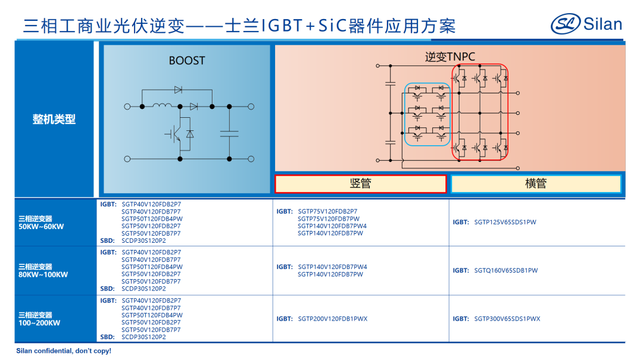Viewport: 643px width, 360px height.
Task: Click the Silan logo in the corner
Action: tap(586, 24)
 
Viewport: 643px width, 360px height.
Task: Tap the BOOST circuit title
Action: tap(186, 61)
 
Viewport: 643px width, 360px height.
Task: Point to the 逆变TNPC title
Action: tap(450, 57)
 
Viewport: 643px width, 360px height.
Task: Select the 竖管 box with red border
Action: tap(360, 184)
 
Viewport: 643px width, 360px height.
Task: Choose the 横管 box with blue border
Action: tap(536, 184)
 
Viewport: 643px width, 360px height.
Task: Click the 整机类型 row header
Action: tap(54, 119)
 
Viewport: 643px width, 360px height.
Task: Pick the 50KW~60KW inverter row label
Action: tap(41, 223)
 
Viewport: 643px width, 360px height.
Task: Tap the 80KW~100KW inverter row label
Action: tap(43, 271)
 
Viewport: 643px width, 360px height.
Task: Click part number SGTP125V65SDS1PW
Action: tap(505, 223)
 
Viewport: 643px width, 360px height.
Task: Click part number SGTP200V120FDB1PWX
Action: tap(332, 319)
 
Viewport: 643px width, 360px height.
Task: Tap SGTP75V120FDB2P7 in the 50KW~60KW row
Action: tap(327, 211)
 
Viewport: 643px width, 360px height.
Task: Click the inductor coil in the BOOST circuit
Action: tap(161, 106)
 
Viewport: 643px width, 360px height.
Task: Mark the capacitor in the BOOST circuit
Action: tap(229, 132)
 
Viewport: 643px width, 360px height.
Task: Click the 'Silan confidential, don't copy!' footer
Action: tap(64, 351)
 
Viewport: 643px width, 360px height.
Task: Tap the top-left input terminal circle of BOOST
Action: tap(127, 107)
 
